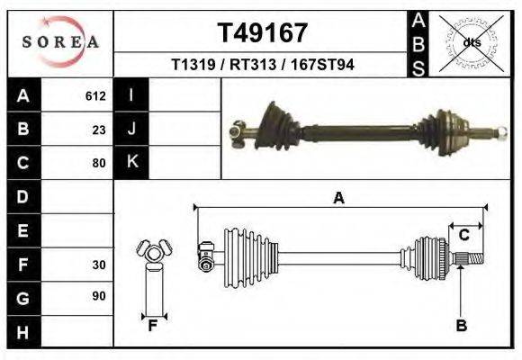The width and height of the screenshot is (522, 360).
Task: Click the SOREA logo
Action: tap(59, 42)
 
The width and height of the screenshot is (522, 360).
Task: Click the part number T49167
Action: tap(263, 33)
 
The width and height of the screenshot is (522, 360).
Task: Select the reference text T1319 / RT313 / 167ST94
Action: tap(263, 66)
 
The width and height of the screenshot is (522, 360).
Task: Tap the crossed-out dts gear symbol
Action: tap(472, 42)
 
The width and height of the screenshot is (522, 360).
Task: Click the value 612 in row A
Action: tap(95, 96)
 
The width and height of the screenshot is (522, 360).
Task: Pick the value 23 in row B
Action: tap(99, 130)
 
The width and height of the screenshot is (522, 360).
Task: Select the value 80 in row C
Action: tap(99, 163)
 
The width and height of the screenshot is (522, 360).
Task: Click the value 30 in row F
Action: tap(99, 265)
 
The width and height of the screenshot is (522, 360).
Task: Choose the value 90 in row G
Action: tap(99, 297)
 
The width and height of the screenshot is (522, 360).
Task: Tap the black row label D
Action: tap(22, 196)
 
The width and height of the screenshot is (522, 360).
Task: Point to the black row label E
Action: tap(22, 230)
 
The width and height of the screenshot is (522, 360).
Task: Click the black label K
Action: tap(131, 163)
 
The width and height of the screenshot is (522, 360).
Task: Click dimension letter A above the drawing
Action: tap(338, 198)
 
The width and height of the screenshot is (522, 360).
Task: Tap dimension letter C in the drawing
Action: tap(464, 235)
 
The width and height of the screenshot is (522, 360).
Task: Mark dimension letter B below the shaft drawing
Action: tap(461, 326)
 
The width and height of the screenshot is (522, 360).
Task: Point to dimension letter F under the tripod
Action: tap(153, 326)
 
